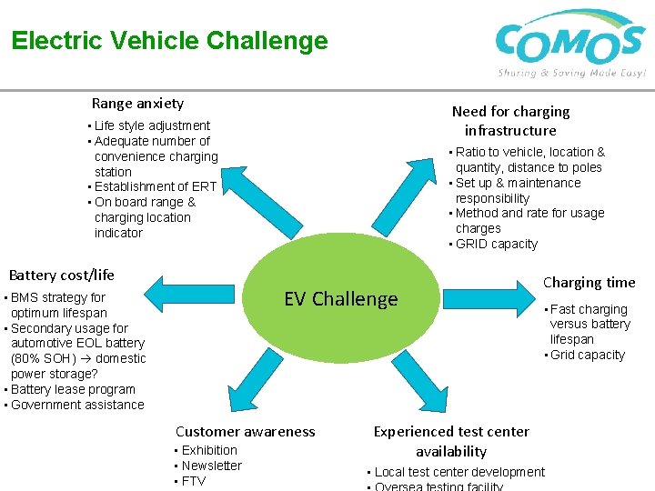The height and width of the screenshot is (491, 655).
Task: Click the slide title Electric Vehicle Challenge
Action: pyautogui.click(x=169, y=41)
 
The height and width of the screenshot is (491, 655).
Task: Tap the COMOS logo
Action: pyautogui.click(x=570, y=43)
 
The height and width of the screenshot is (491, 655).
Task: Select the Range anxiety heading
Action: pyautogui.click(x=137, y=104)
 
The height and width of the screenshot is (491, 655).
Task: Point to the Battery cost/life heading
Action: pyautogui.click(x=62, y=275)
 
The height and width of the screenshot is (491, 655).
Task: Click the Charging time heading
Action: pyautogui.click(x=589, y=282)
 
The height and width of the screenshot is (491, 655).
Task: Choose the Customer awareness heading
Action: pyautogui.click(x=245, y=432)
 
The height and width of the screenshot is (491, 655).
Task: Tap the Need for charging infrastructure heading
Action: pyautogui.click(x=510, y=120)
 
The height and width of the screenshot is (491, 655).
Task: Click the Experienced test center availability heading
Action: pyautogui.click(x=451, y=441)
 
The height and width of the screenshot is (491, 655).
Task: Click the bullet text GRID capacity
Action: pyautogui.click(x=496, y=244)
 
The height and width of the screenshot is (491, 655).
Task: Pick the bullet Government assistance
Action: pyautogui.click(x=76, y=405)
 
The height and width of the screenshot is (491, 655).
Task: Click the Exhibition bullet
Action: pyautogui.click(x=208, y=450)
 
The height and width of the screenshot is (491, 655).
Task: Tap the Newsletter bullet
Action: pyautogui.click(x=211, y=466)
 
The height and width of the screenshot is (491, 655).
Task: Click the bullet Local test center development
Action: pyautogui.click(x=458, y=472)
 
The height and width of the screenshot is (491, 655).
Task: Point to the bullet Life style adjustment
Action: pyautogui.click(x=151, y=125)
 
